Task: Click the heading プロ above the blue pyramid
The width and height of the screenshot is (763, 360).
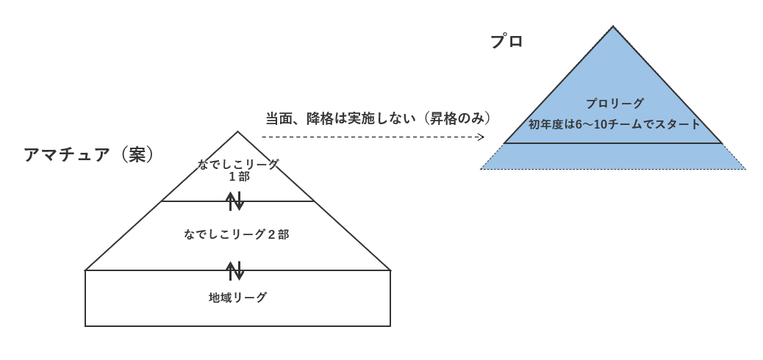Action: click(506, 42)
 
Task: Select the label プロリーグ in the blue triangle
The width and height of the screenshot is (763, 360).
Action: click(615, 104)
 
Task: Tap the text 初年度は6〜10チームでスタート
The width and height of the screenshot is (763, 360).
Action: click(615, 124)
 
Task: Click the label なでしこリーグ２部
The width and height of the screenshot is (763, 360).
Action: click(237, 234)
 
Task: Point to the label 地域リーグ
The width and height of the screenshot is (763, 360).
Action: click(237, 298)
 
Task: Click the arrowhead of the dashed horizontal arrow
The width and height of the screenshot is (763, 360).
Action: click(481, 137)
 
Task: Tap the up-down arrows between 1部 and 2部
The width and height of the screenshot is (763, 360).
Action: click(234, 201)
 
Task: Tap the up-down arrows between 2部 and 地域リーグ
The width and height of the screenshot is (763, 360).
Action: click(234, 270)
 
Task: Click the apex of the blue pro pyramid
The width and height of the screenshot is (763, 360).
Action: click(613, 27)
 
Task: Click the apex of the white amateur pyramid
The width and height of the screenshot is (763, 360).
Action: click(237, 132)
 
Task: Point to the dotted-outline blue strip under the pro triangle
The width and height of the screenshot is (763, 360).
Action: click(613, 156)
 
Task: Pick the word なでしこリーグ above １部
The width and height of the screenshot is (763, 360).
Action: click(238, 165)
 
